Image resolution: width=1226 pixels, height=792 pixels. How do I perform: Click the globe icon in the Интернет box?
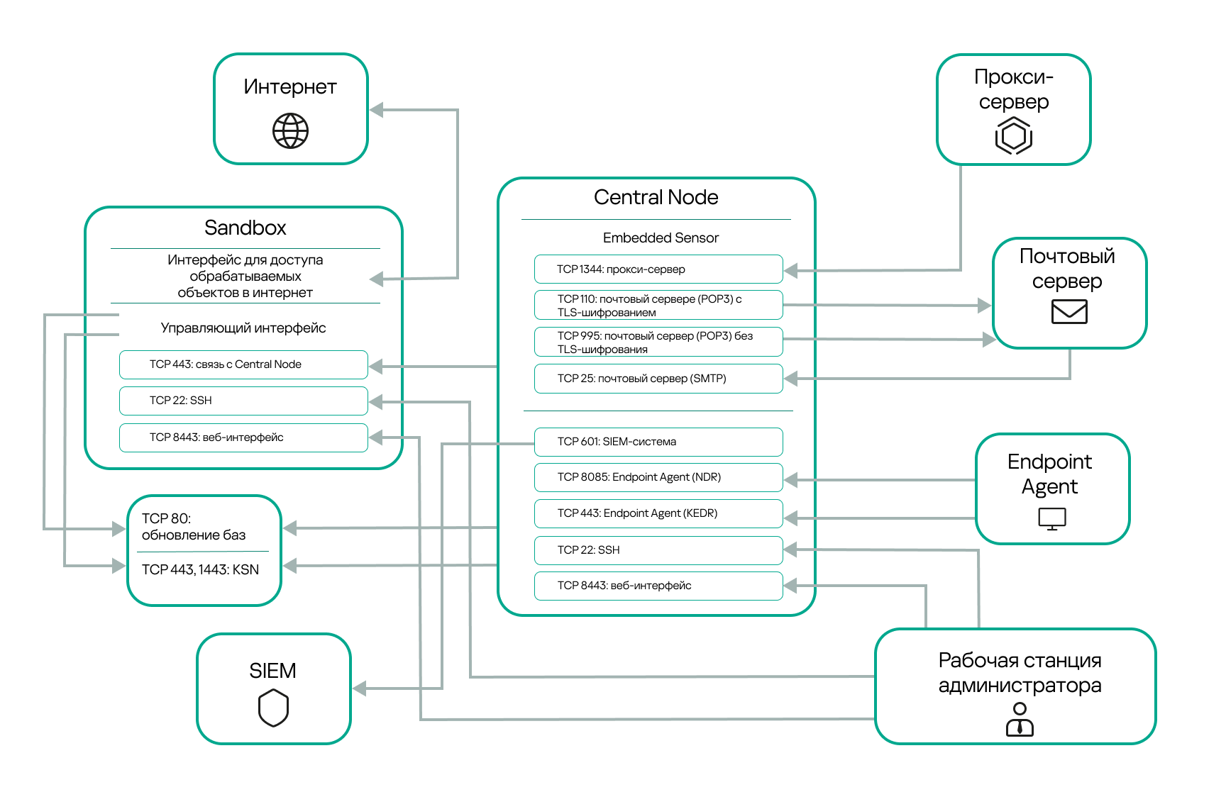pos(291,131)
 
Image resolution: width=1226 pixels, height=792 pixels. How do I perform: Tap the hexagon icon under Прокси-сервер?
pos(1013,135)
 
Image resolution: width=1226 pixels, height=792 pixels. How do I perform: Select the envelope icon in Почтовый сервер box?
pos(1069,311)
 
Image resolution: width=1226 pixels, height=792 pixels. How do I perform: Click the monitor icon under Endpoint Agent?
pos(1052,519)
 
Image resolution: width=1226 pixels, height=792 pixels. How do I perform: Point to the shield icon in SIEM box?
pos(273,708)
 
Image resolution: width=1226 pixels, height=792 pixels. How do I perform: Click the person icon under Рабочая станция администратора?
pos(1020,719)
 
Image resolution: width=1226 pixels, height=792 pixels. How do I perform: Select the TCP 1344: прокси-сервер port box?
pos(658,269)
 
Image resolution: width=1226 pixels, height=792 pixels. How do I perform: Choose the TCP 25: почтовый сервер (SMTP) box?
pos(658,379)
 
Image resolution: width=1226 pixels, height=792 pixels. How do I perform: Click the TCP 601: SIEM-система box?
pos(658,442)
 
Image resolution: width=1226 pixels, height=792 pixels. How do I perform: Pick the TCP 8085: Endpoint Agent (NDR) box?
pos(658,477)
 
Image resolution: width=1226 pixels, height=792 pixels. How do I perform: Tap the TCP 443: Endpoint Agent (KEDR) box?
pos(658,513)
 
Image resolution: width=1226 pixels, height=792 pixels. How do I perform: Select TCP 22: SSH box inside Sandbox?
pos(243,401)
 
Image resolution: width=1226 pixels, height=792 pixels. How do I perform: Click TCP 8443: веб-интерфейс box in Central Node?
pos(658,586)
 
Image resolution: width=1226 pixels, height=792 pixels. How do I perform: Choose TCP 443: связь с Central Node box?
pos(243,364)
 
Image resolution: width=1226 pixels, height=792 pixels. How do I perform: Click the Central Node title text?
pos(656,197)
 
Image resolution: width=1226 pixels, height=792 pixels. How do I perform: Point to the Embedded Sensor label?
pos(661,238)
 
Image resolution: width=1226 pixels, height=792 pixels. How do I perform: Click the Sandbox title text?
pos(245,228)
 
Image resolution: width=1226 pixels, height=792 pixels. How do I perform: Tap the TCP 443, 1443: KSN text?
pos(200,569)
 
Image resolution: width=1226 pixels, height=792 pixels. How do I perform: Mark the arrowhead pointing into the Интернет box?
pos(377,110)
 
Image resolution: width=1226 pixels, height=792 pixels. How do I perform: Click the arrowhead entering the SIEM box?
pos(360,688)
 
